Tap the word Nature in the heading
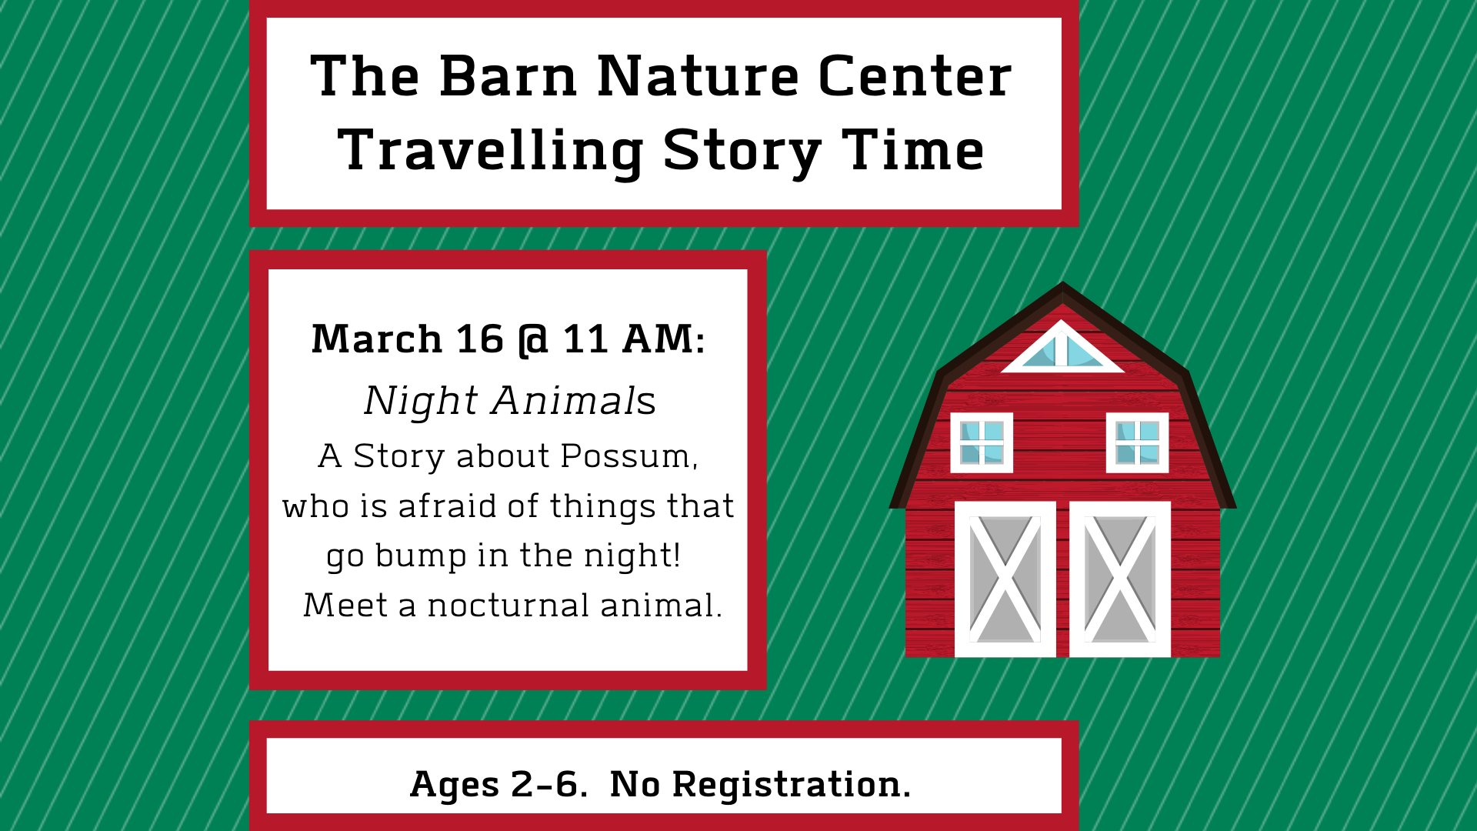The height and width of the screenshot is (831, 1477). [x=698, y=76]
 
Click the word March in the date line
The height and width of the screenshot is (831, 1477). [x=376, y=339]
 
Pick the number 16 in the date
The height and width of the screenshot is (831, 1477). [x=480, y=339]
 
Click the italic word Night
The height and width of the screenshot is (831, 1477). [x=422, y=402]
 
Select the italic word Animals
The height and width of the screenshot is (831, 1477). [x=574, y=401]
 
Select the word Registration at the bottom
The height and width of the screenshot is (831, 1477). [x=791, y=785]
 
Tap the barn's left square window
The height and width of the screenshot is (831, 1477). [x=982, y=442]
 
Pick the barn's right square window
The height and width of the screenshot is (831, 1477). [x=1137, y=442]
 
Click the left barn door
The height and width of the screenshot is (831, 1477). [x=1005, y=579]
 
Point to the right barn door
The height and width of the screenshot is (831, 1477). [x=1120, y=579]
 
